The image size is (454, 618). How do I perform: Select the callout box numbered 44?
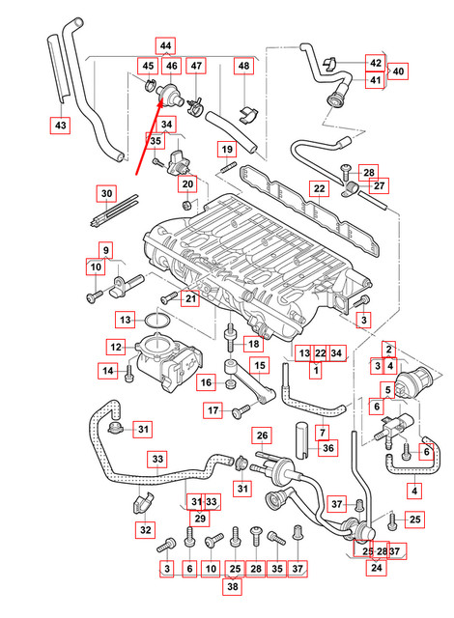pyautogui.click(x=166, y=45)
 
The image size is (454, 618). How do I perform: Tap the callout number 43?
pyautogui.click(x=61, y=125)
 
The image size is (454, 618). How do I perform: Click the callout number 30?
pyautogui.click(x=106, y=193)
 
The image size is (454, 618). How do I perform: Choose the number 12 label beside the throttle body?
pyautogui.click(x=114, y=347)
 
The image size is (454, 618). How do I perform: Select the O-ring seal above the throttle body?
pyautogui.click(x=158, y=320)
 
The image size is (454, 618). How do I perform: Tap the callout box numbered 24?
pyautogui.click(x=375, y=569)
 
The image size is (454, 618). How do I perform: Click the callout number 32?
pyautogui.click(x=146, y=529)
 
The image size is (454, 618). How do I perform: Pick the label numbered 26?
pyautogui.click(x=261, y=435)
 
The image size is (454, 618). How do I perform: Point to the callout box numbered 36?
pyautogui.click(x=328, y=447)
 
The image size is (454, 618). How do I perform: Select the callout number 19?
pyautogui.click(x=226, y=150)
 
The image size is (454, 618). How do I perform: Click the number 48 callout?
pyautogui.click(x=243, y=66)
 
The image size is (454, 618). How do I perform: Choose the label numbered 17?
pyautogui.click(x=213, y=411)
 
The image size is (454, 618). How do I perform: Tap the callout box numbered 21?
pyautogui.click(x=191, y=298)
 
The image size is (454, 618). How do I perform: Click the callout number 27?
pyautogui.click(x=379, y=185)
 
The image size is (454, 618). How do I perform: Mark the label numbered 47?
pyautogui.click(x=196, y=66)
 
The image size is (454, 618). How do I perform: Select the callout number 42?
pyautogui.click(x=373, y=62)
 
